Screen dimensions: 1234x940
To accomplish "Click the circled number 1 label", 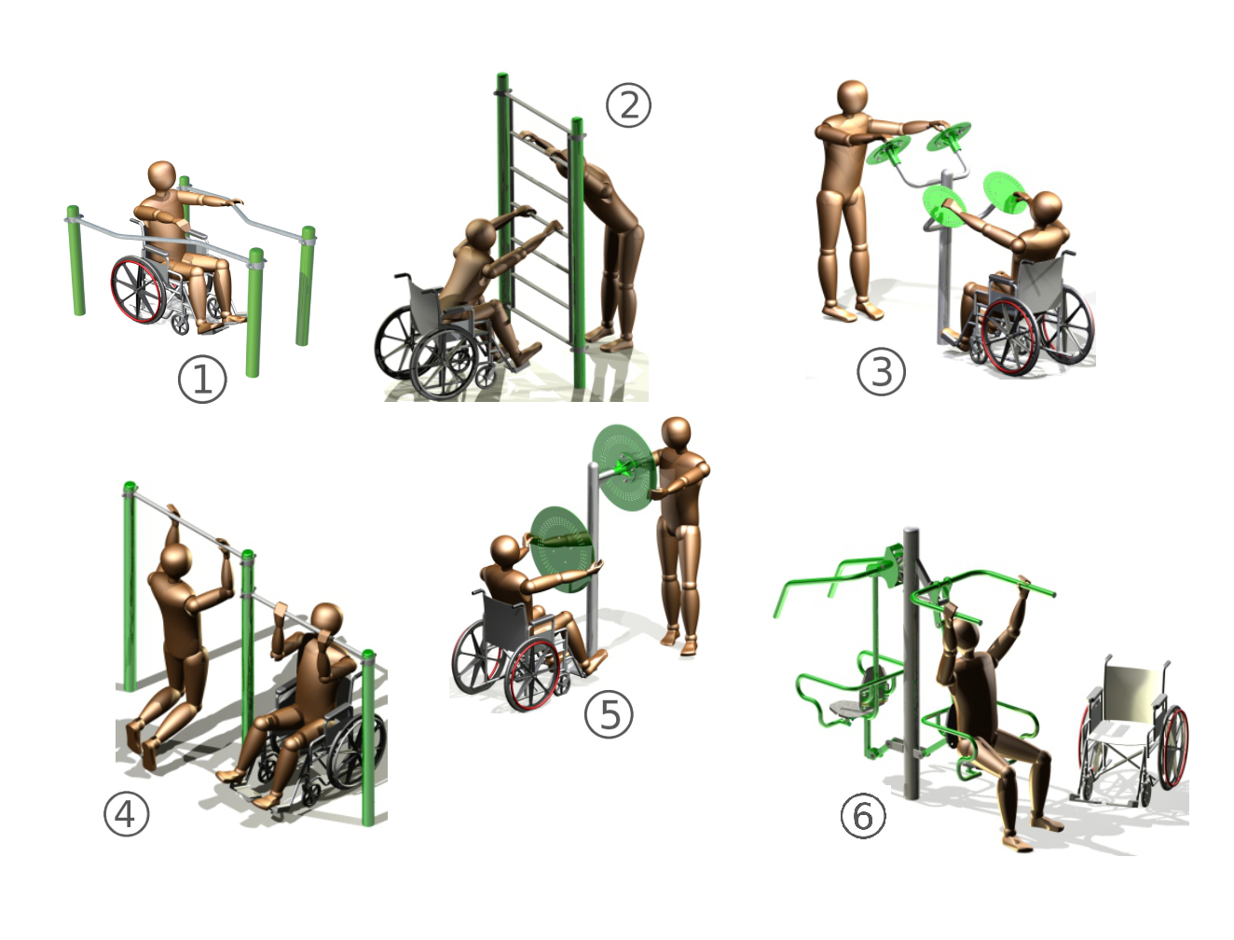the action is (202, 380).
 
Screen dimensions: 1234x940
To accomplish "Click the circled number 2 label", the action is (628, 105).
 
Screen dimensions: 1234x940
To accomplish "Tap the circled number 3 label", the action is (881, 372).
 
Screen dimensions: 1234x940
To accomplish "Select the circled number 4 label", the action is (127, 814).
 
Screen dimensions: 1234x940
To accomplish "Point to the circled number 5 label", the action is (609, 714).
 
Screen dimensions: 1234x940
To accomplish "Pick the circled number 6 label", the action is (863, 816).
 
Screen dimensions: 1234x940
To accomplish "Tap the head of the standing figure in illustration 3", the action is (853, 100).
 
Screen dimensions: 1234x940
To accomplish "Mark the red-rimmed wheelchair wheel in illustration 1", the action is (139, 290).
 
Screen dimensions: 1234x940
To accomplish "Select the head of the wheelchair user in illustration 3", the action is (1047, 209).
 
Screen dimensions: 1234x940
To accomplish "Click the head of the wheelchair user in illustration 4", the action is (326, 621).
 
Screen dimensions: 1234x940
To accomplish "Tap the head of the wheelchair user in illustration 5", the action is (505, 552).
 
